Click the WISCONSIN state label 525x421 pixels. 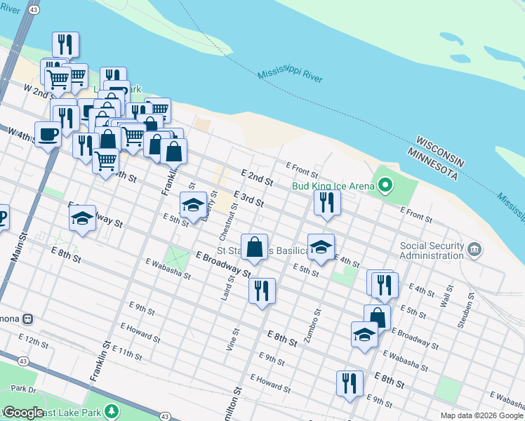pos(439,150)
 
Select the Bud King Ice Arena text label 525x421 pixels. pos(334,187)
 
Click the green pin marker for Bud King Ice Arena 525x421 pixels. pos(385,186)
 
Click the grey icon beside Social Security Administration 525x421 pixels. pos(474,250)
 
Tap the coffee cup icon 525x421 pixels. pos(48,133)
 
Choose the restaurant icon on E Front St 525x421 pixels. pos(327,203)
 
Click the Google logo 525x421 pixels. pos(23,413)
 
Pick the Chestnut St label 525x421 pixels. pos(232,220)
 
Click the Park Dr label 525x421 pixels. pos(23,389)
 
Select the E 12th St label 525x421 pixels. pos(33,342)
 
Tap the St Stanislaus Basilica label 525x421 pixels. pos(262,250)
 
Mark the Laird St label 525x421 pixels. pos(226,288)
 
